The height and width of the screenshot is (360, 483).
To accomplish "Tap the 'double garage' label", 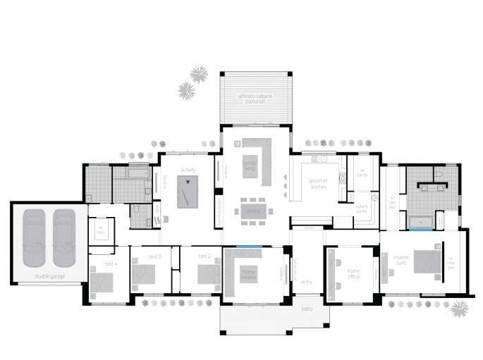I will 49,276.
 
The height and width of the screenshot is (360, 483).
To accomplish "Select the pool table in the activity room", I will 188,191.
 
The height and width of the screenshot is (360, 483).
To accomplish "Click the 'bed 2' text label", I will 204,256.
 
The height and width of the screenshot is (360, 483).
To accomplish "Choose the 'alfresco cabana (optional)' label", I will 255,99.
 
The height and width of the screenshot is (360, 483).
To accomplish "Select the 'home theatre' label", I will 249,273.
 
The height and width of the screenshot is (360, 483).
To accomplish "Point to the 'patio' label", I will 307,309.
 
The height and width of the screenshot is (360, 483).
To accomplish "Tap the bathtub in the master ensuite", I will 422,223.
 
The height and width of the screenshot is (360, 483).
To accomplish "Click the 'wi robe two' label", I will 393,201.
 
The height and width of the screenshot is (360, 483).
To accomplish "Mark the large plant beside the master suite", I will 460,308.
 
